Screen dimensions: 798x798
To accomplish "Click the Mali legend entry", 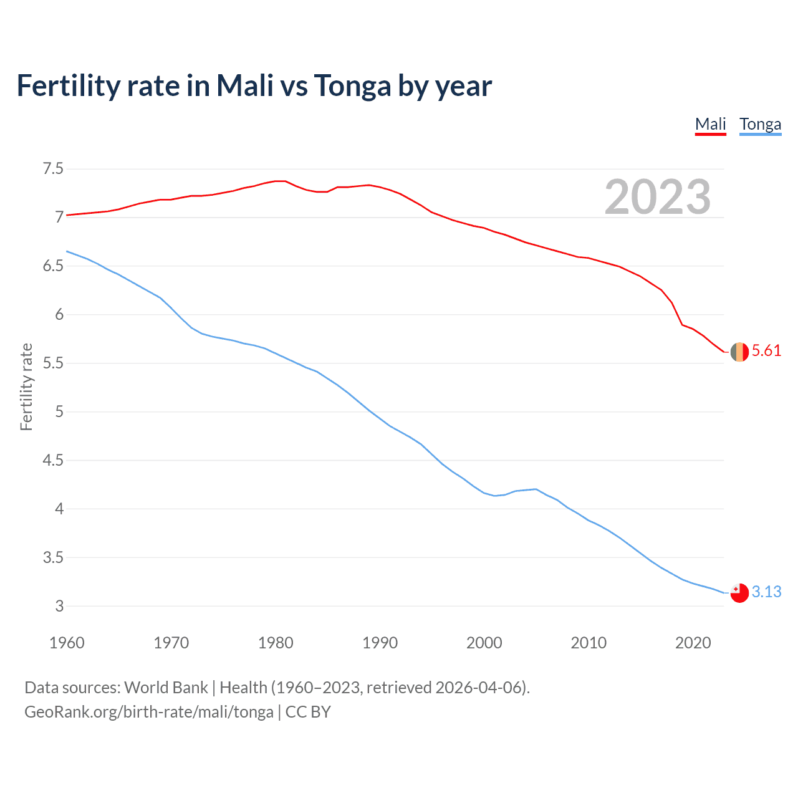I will pos(711,124).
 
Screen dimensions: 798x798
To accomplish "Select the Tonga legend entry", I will pos(760,124).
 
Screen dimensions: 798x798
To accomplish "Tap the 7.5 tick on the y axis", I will pos(53,169).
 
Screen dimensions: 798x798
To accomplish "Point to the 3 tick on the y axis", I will pos(59,606).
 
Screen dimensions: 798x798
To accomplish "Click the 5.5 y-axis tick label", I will pos(53,363).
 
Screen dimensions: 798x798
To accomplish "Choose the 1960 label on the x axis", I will pos(67,643).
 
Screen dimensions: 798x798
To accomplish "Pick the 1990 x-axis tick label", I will pos(380,643).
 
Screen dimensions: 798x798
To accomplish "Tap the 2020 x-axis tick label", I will pos(693,643).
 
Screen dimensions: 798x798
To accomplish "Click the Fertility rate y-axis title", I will pos(26,387).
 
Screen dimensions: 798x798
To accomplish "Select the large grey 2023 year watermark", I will pos(657,197).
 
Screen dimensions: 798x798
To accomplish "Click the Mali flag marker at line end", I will pos(739,352).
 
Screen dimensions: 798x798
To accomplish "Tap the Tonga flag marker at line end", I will pos(739,593).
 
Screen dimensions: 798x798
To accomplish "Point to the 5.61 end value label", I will pos(766,351).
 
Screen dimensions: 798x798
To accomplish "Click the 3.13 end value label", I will pos(766,592).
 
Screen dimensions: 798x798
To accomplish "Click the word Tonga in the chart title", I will pos(352,86).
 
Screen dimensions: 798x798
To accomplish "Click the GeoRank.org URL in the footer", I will pos(148,712).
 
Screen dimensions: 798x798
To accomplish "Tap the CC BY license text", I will pos(308,712).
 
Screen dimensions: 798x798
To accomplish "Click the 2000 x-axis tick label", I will pos(484,643).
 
